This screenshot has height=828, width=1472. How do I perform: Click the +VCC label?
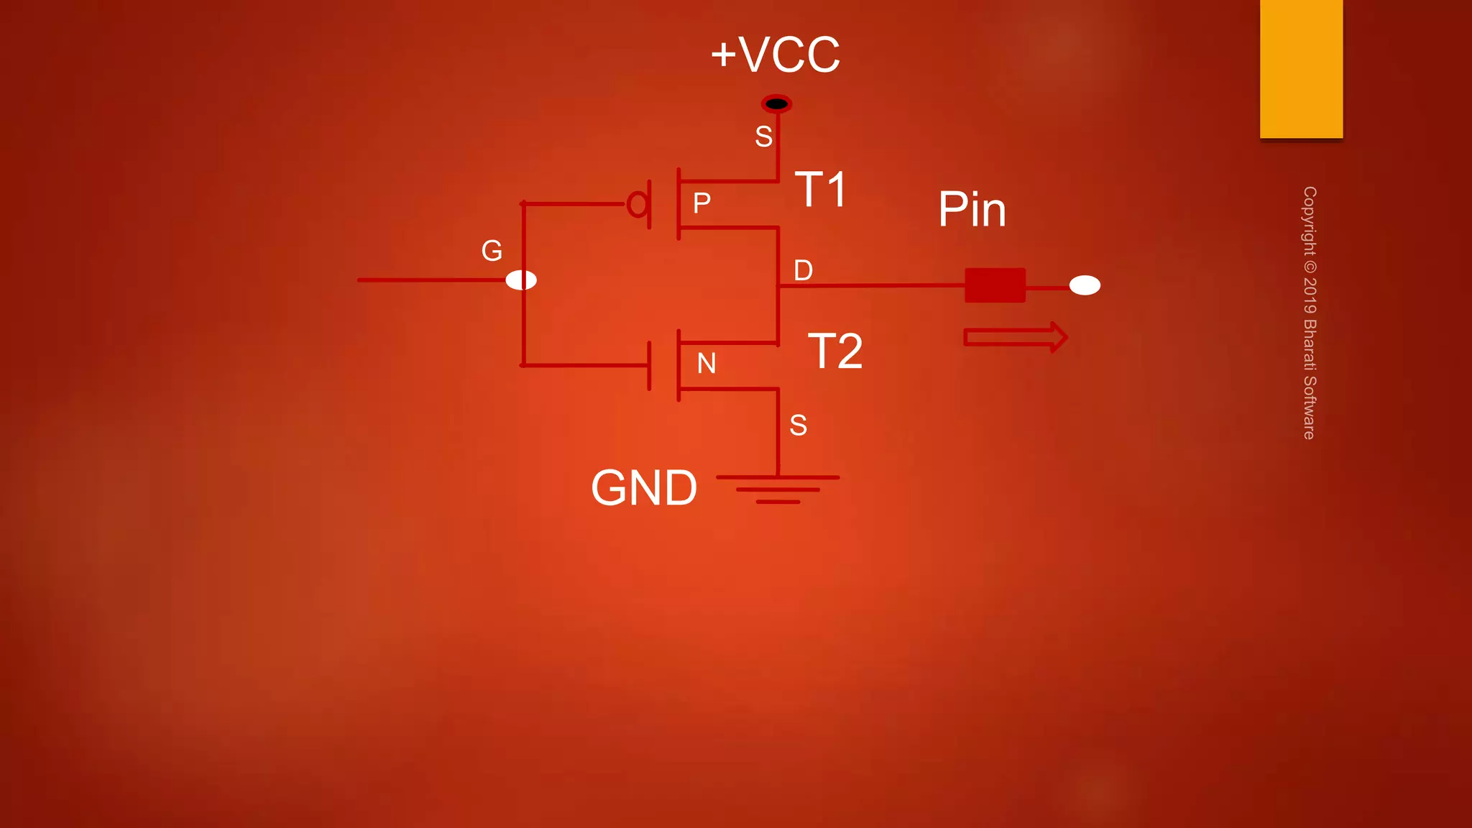[x=775, y=55]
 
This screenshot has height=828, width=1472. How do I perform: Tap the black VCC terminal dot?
[x=776, y=104]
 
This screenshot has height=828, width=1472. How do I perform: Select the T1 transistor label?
[x=821, y=190]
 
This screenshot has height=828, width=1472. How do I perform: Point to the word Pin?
[x=972, y=210]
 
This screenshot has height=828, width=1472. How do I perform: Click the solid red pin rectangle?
[x=995, y=285]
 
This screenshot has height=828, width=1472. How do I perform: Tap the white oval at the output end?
[x=1085, y=285]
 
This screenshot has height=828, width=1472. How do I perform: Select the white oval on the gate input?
[x=521, y=280]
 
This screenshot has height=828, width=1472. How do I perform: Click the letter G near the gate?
[x=492, y=251]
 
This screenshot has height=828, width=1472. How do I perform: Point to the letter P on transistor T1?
[x=701, y=203]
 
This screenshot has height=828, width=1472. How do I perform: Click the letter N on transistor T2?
[x=707, y=364]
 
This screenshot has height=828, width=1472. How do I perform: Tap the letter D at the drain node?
[x=803, y=271]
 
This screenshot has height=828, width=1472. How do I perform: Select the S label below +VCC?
[x=763, y=137]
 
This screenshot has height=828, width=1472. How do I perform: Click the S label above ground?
[x=798, y=425]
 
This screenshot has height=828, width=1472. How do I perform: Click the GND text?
[x=644, y=488]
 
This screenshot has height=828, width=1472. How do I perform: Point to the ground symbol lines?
[x=778, y=489]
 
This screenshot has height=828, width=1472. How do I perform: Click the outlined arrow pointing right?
[x=1015, y=337]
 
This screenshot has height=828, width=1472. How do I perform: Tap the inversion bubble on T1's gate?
[x=637, y=204]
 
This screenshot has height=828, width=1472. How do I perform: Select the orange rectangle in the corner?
[x=1301, y=68]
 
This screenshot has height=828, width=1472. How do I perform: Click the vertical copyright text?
[x=1310, y=313]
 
